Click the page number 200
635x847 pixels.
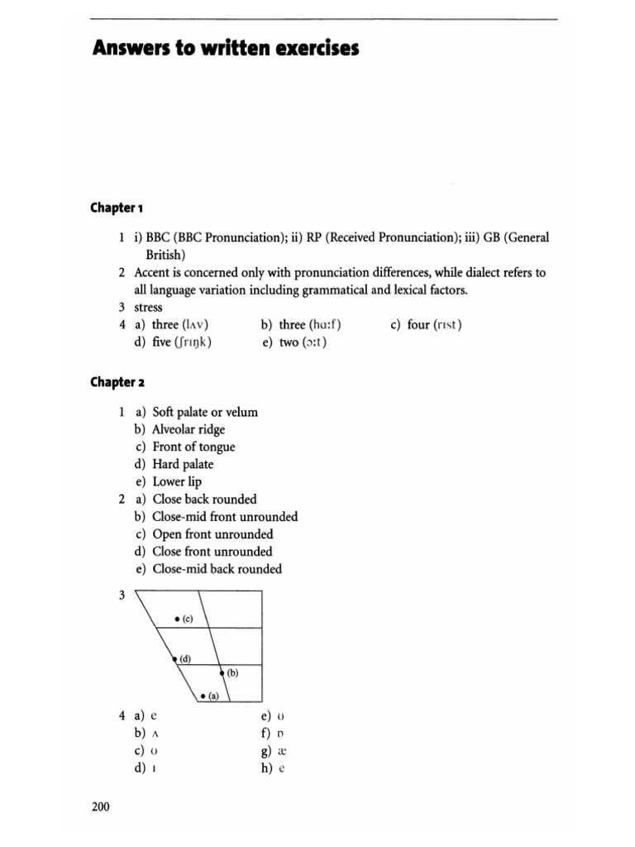pos(100,806)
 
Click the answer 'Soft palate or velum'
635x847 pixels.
pos(205,412)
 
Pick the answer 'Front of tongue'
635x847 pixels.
pos(193,447)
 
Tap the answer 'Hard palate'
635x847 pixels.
pos(183,464)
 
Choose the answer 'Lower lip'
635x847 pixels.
pos(177,481)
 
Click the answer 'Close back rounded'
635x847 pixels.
pos(204,499)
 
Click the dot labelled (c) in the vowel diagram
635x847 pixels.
pos(177,619)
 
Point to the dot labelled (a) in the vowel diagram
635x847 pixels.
pos(203,695)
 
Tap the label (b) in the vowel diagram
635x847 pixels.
pos(232,672)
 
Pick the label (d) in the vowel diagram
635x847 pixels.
pos(185,658)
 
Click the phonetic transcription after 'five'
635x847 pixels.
pos(190,342)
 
